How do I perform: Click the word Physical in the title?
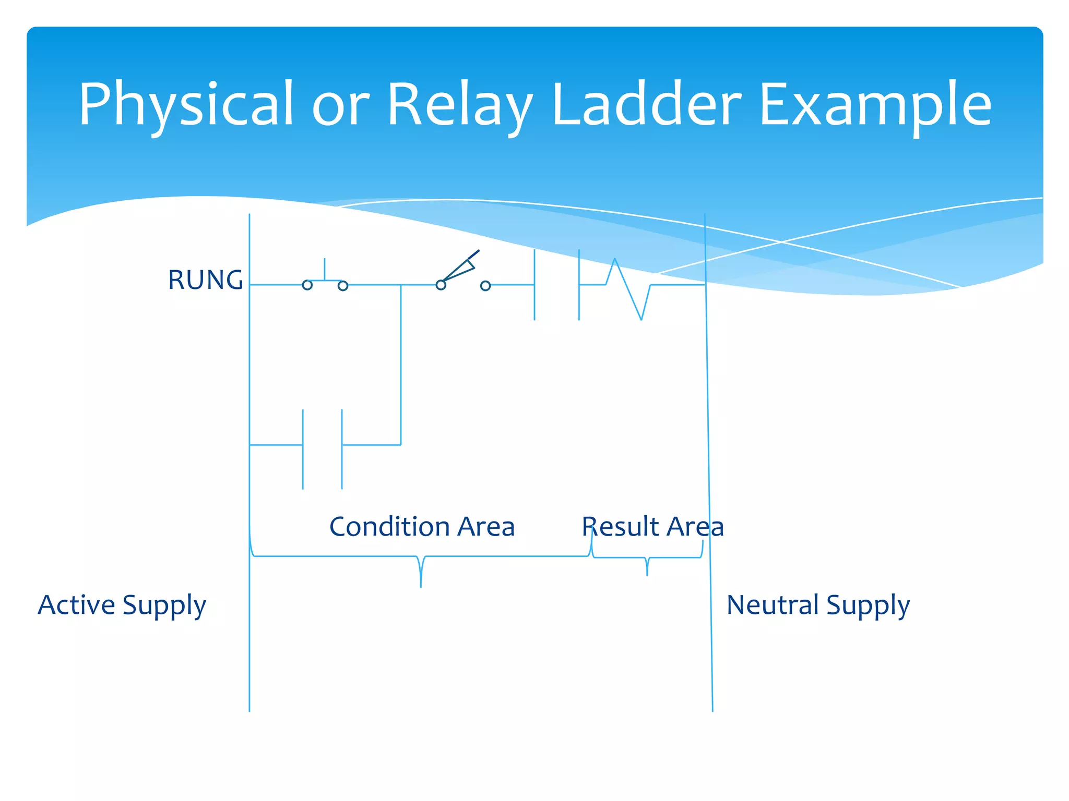pos(185,104)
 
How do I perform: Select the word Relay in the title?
pos(459,104)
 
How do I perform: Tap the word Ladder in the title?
pos(646,104)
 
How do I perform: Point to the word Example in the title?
pos(875,104)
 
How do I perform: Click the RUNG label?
pos(205,280)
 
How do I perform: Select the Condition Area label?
pos(422,526)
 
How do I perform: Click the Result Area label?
pos(652,526)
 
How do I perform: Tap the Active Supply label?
pos(122,605)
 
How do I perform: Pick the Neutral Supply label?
pos(818,605)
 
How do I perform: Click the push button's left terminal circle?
pos(307,285)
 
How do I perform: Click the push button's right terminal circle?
pos(343,286)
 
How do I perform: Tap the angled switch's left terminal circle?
pos(441,285)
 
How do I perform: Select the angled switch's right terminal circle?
pos(485,286)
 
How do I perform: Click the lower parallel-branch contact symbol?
pos(322,448)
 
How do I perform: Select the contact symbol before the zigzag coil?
pos(556,285)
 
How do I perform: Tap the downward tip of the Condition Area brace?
pos(421,585)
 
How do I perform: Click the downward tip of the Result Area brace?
pos(647,573)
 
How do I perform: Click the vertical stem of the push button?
pos(325,269)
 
